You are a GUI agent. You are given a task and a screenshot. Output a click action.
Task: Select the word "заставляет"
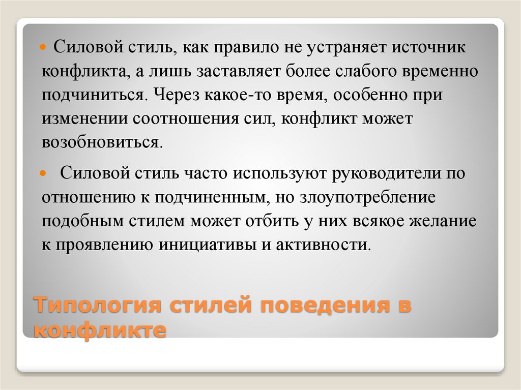point(229,71)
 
